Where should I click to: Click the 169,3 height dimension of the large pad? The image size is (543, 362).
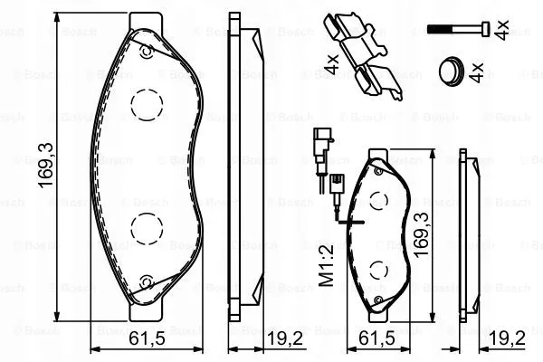pos(46,166)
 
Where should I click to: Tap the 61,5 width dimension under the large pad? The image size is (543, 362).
pos(147,338)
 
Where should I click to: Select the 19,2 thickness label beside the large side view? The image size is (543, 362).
pos(285,338)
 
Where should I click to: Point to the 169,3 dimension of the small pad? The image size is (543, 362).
pos(421,234)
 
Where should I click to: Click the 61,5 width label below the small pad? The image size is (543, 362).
pos(376,338)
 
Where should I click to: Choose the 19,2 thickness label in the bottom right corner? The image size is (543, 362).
pos(508,338)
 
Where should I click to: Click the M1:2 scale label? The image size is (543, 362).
pos(326,265)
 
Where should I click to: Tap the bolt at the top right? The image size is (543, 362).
pos(459,28)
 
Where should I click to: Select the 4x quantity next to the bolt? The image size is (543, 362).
pos(501,30)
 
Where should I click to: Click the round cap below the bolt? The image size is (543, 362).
pos(451,71)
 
